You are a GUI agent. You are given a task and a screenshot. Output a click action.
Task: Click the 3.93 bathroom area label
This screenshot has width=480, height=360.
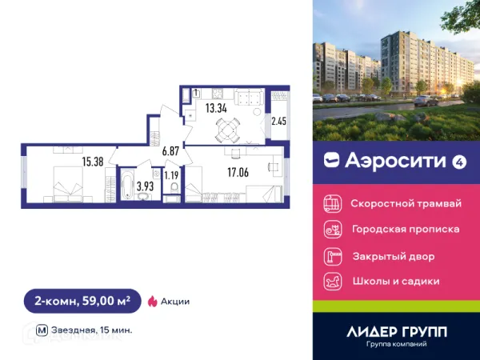click(145, 186)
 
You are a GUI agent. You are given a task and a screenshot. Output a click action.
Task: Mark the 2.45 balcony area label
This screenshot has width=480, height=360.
click(278, 122)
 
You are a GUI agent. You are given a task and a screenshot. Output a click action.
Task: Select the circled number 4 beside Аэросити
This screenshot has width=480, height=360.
click(459, 162)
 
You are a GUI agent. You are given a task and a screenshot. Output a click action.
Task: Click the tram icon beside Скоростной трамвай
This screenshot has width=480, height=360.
click(332, 204)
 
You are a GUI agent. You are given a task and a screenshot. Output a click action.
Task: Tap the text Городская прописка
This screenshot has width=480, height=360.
click(406, 230)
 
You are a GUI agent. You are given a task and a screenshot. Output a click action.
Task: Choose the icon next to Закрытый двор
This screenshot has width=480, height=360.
click(332, 257)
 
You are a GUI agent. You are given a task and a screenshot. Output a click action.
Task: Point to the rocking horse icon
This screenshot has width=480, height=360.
click(332, 282)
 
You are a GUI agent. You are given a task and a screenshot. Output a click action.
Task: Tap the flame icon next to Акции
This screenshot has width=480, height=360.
click(151, 302)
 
